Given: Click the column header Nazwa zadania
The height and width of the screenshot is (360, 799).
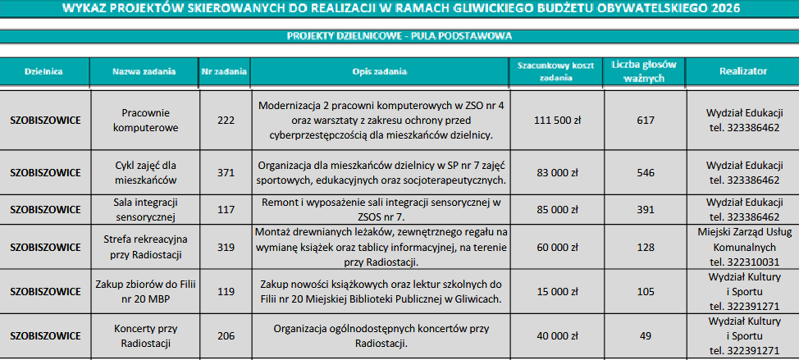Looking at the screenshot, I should click(144, 72).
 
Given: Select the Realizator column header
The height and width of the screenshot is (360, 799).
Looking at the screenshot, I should click(743, 72).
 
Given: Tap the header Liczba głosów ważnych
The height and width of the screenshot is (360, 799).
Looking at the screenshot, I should click(644, 72).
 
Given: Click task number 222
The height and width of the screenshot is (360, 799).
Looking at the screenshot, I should click(226, 121).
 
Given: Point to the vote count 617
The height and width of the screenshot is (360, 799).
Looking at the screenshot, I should click(646, 121).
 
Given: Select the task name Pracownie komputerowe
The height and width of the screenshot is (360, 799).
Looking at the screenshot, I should click(144, 121).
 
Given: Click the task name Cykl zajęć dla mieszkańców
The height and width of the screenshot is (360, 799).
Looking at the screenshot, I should click(144, 172).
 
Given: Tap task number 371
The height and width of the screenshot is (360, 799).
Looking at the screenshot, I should click(226, 172).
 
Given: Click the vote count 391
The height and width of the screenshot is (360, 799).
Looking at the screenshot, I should click(646, 209).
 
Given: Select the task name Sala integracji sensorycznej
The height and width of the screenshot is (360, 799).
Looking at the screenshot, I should click(144, 209).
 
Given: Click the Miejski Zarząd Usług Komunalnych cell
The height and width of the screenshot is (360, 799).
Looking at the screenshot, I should click(743, 246).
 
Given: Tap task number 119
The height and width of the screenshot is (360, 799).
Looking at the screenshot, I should click(226, 291).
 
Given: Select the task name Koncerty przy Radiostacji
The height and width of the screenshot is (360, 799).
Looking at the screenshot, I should click(144, 335).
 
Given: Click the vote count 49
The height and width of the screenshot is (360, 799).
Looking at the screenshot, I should click(646, 335).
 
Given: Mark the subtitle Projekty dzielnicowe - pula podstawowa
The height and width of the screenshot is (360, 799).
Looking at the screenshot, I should click(399, 35).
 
